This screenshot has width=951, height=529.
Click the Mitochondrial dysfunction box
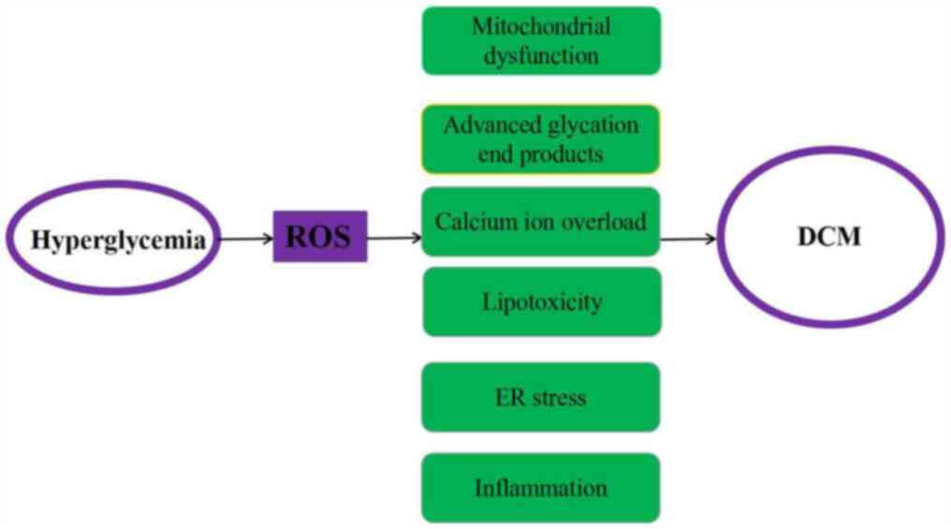(541, 40)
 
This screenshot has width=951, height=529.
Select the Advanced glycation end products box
(541, 139)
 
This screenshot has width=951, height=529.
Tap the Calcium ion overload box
(541, 222)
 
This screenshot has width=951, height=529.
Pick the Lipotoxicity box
(541, 301)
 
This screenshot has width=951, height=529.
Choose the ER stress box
(541, 397)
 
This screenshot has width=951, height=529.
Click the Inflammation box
(541, 488)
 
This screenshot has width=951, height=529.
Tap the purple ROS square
(319, 237)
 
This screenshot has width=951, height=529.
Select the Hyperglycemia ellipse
(117, 240)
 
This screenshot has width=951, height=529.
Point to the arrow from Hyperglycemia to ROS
(247, 240)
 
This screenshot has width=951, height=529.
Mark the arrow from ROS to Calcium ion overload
(394, 239)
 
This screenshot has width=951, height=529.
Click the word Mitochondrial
(541, 26)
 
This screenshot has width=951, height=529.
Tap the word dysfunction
(541, 55)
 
